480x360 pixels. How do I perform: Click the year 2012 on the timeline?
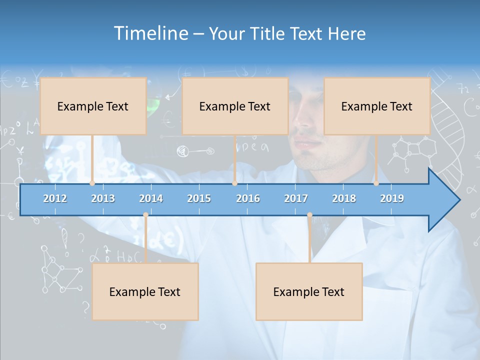[55, 198]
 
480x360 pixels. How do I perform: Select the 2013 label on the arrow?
[103, 198]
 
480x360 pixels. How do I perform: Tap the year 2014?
[151, 198]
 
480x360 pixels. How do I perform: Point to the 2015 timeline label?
[199, 198]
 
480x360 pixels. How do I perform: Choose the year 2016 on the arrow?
[248, 198]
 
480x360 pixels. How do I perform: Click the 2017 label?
[296, 198]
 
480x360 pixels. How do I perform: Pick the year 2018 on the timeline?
[344, 198]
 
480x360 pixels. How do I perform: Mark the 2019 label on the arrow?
[392, 198]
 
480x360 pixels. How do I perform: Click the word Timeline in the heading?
[150, 33]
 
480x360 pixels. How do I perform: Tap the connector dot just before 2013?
[92, 183]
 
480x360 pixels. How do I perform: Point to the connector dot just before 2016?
[234, 183]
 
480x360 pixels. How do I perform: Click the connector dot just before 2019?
[376, 183]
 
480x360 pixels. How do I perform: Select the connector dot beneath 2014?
[145, 215]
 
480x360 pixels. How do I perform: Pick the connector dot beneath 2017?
[309, 215]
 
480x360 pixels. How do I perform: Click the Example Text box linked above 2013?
[93, 106]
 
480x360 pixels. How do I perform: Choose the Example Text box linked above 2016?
[235, 106]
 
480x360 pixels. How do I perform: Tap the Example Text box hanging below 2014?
[145, 291]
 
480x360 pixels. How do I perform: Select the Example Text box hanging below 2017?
[309, 291]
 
